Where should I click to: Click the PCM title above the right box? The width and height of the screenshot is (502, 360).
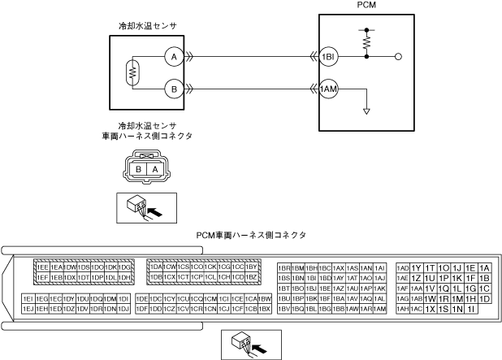pos(366,6)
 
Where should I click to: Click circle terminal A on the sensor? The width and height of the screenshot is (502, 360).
pos(171,57)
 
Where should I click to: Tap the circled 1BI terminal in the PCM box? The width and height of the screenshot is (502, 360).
pos(328,57)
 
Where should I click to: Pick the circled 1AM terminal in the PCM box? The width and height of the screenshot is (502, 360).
pos(328,89)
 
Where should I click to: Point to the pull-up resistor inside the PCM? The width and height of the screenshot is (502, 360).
pos(366,40)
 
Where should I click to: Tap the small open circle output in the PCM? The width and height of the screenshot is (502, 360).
pos(398,57)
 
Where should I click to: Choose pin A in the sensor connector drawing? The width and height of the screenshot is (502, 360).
pos(154,169)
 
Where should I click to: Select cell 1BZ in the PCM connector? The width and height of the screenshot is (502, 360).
pos(252,277)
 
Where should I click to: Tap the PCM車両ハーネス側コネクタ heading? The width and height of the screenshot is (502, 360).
pos(252,235)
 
